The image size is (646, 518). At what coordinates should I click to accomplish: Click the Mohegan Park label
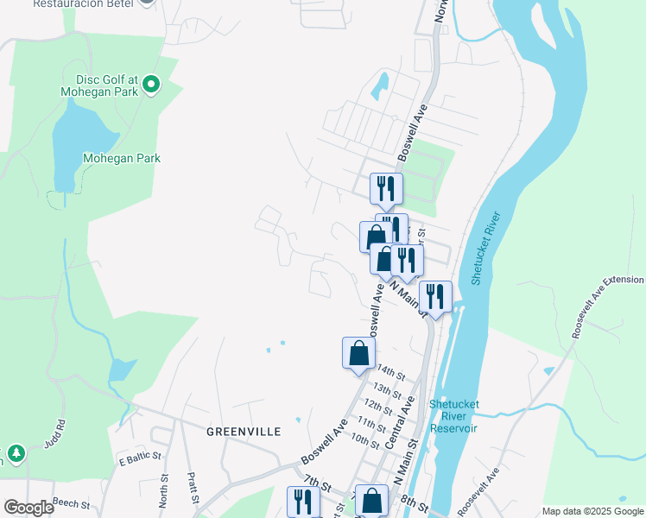(x=122, y=158)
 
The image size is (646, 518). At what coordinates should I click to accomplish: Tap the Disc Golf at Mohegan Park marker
(x=152, y=84)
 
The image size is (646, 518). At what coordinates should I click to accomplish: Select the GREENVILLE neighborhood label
(x=243, y=431)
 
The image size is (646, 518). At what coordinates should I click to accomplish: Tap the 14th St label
(x=390, y=373)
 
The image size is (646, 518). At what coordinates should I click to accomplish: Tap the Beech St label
(x=71, y=502)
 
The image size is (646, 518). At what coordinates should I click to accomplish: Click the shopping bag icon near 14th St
(x=358, y=352)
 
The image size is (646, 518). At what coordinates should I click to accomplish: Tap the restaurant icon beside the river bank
(x=435, y=297)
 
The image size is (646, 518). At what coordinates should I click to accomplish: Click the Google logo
(x=28, y=508)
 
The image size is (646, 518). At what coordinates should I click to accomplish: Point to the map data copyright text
(x=592, y=511)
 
